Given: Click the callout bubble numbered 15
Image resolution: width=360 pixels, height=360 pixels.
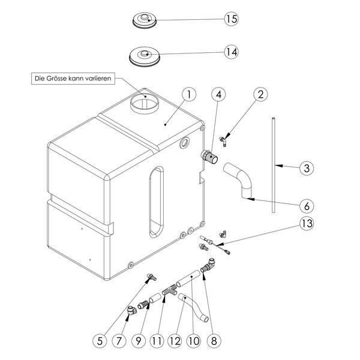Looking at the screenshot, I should pos(232,19).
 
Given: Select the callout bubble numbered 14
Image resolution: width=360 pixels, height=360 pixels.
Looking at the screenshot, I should pos(232,52).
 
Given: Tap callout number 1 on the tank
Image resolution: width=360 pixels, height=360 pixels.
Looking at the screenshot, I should pos(188,94).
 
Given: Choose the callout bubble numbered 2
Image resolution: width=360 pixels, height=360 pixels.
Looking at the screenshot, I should pos(259,94).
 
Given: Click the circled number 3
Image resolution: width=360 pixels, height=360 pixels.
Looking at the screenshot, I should pos(306,168).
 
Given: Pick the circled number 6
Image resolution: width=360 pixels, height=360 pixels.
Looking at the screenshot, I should pos(306,205).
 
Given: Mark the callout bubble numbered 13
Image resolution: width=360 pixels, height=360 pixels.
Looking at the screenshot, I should pos(306,224).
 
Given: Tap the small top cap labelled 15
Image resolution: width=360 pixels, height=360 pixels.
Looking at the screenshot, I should pos(145,20).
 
